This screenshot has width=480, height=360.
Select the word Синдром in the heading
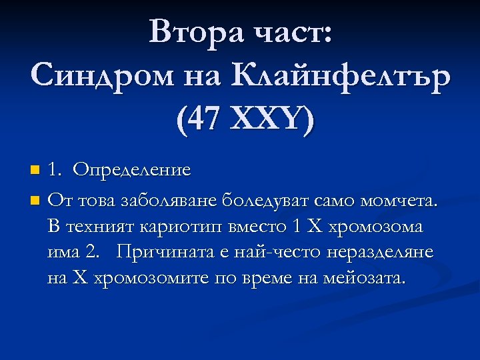point(101,75)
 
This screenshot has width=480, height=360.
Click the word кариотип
point(175,226)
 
